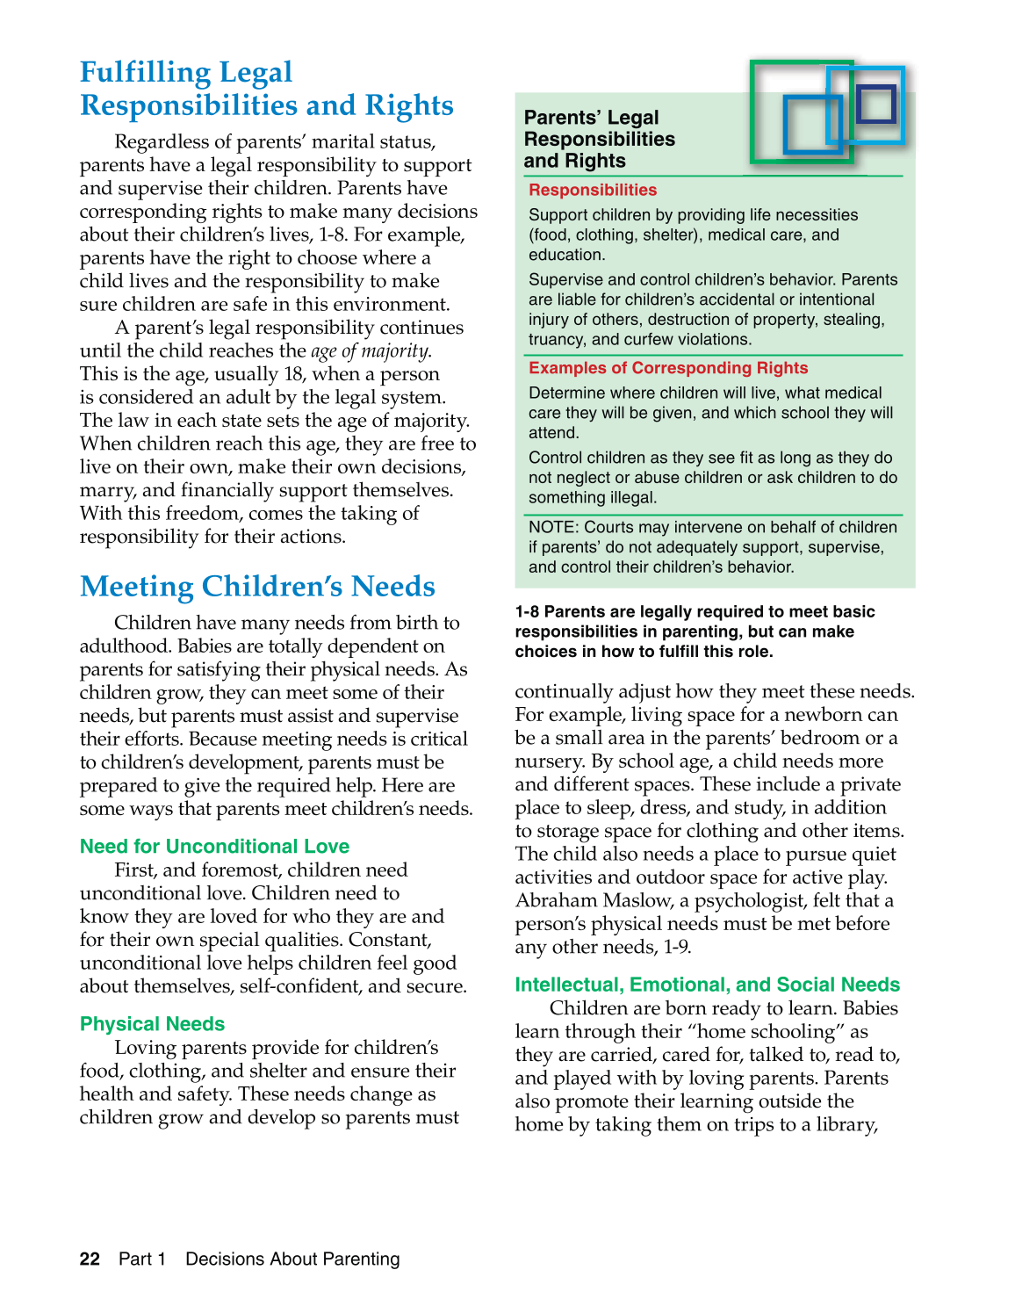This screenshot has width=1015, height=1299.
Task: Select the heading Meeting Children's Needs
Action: (257, 587)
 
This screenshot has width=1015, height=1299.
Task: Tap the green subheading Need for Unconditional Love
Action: (214, 847)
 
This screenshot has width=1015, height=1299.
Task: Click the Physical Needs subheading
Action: (152, 1024)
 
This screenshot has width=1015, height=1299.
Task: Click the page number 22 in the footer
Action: (90, 1259)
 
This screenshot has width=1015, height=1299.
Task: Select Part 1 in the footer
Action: (142, 1259)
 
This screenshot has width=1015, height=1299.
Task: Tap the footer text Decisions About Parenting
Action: (292, 1259)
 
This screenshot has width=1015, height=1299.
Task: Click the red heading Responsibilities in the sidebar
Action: (593, 190)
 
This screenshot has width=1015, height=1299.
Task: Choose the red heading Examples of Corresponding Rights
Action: (668, 368)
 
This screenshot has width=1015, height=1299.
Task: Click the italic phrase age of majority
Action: (371, 351)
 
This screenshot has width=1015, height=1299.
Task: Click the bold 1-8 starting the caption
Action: (527, 612)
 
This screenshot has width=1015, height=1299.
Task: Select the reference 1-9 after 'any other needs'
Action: (676, 947)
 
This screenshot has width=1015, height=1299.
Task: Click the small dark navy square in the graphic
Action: (875, 103)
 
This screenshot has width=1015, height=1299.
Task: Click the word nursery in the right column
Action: (550, 761)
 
